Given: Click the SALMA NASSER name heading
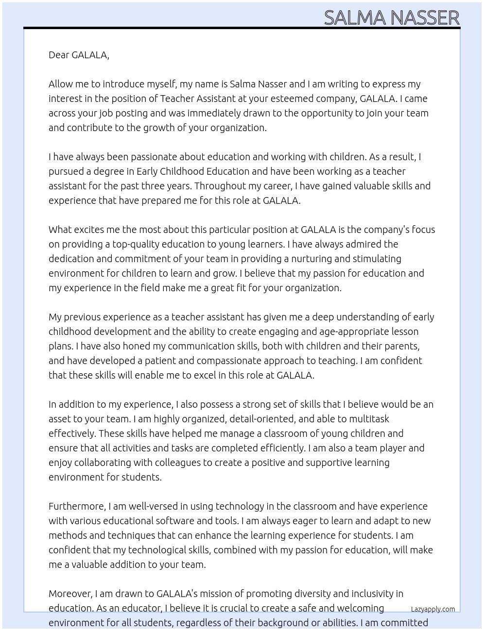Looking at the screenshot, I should pos(391,18).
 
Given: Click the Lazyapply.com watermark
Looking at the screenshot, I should pos(432,609).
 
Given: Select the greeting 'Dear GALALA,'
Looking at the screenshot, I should pos(79,55).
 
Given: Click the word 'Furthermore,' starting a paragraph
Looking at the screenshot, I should pos(77,506).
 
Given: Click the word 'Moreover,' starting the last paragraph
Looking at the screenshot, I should pos(70,594).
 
